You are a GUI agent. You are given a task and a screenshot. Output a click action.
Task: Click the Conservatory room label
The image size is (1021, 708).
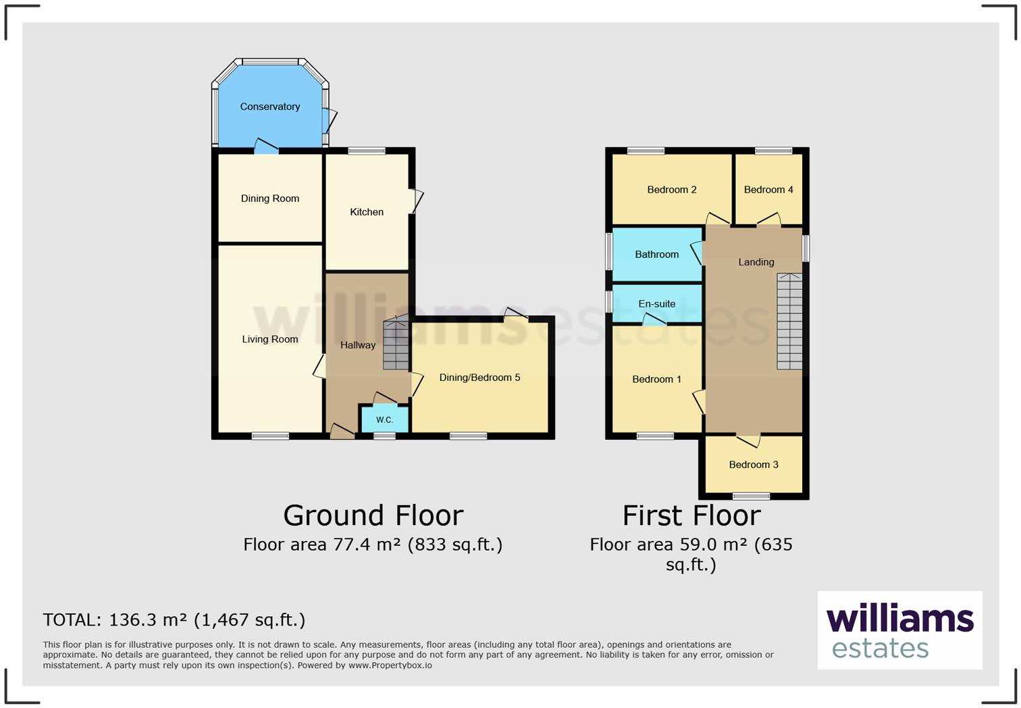coord(269,107)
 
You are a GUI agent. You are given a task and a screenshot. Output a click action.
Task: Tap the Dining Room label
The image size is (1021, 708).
coord(269,199)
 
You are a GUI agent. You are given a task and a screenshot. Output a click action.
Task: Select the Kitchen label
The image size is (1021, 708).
coord(367,212)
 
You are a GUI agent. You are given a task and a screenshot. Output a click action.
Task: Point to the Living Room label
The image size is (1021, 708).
coord(269,339)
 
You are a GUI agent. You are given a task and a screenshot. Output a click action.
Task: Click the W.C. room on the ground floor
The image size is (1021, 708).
coord(384,420)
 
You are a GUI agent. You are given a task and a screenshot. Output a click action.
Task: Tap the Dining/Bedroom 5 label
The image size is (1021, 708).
coord(479,378)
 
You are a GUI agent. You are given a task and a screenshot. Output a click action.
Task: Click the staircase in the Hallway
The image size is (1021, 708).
coord(396,344)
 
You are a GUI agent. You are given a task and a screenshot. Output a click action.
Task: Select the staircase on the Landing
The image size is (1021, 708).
coord(789,321)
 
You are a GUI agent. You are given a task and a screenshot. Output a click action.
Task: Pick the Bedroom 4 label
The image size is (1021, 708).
coord(768,190)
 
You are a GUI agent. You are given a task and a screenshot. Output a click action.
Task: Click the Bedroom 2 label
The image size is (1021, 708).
coord(671,190)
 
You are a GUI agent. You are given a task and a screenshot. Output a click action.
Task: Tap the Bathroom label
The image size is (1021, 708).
coord(656,255)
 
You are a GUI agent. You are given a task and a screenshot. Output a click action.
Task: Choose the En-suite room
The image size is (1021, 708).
coord(656,304)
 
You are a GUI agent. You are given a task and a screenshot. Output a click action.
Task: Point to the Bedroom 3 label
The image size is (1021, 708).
coord(754,465)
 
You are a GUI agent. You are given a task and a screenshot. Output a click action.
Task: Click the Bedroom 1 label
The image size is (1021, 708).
coord(656,380)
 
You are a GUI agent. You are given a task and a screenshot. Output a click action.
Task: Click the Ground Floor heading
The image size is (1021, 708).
coord(373,515)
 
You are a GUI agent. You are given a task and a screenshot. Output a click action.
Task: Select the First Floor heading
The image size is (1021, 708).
coord(691,515)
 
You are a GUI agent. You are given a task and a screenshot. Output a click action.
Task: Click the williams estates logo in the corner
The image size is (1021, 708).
coord(899,630)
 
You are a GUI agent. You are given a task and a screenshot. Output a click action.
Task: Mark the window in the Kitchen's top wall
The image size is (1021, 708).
coord(367,151)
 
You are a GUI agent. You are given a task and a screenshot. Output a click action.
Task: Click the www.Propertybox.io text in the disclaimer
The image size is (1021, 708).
coord(390,665)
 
